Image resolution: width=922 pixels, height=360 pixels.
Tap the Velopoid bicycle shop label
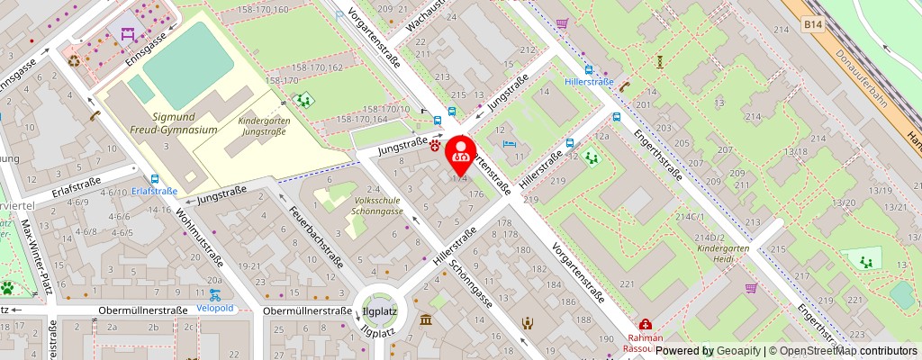tap(214, 307)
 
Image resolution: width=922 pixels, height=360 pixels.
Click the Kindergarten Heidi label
tap(711, 251)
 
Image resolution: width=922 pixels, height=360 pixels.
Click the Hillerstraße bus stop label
tap(589, 82)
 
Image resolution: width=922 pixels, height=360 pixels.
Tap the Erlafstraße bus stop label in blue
tap(154, 191)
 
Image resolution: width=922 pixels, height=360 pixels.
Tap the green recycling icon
tap(74, 61)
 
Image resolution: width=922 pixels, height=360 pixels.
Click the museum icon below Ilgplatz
tap(425, 320)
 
